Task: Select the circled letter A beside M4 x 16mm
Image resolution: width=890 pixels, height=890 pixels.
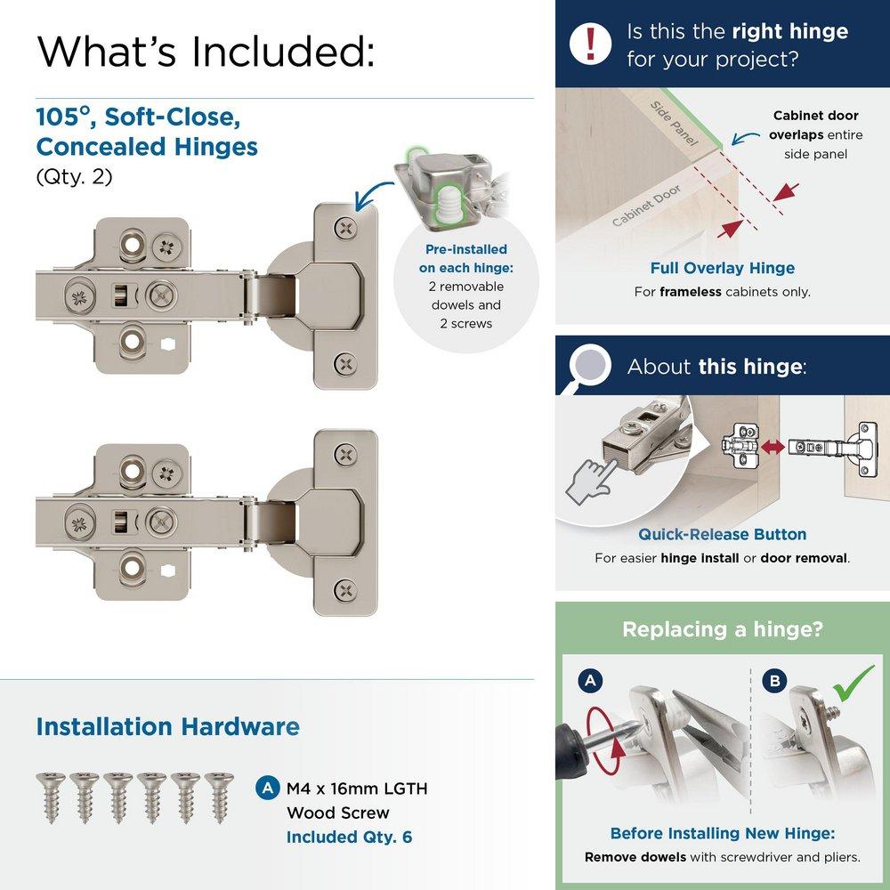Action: point(265,788)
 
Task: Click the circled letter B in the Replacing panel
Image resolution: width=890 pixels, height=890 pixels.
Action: point(776,682)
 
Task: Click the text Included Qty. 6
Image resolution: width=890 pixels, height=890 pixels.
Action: point(349,837)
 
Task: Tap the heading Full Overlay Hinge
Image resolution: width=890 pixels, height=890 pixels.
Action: point(722,268)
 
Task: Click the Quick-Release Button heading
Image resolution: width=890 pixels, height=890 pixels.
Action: point(722,534)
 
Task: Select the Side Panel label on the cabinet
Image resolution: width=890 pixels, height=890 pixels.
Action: point(673,124)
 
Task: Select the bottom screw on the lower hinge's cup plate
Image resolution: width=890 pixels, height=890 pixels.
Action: point(344,589)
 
